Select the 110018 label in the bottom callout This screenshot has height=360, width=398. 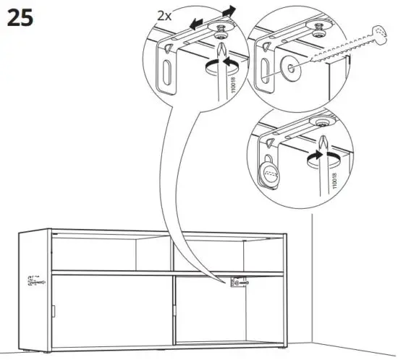(332, 176)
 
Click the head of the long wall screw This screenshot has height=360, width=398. (376, 30)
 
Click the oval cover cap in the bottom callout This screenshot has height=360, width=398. (270, 171)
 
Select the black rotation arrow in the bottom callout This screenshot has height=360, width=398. (313, 155)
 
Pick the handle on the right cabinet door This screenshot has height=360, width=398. (174, 314)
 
